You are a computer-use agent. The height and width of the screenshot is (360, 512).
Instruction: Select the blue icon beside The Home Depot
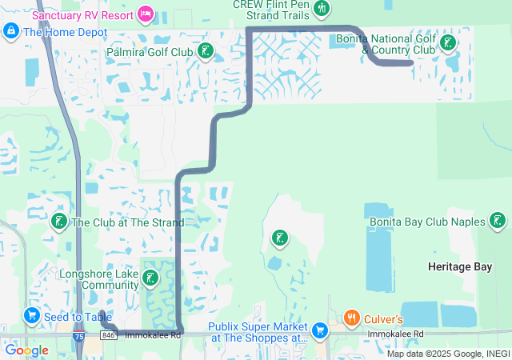point(10,31)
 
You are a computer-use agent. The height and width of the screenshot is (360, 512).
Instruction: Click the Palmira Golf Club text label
point(150,52)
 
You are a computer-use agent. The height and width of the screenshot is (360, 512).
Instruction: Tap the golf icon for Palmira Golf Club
point(206,52)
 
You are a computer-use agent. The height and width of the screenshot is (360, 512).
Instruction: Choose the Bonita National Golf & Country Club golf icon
point(449,43)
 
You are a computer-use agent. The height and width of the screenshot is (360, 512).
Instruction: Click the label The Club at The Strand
point(128,222)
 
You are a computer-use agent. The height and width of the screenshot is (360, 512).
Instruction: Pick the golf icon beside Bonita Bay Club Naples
point(498,221)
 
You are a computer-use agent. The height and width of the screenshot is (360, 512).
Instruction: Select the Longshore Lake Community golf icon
point(150,278)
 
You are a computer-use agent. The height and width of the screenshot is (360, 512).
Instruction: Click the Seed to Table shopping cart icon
point(32,317)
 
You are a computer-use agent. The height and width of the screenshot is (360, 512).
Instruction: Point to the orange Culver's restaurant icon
point(351,318)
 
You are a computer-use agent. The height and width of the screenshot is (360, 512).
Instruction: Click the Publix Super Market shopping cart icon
point(320,330)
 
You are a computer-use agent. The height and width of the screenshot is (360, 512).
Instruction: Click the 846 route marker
point(110,335)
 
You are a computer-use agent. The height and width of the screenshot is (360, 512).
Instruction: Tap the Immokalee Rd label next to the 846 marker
point(153,334)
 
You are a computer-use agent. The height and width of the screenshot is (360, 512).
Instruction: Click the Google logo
point(26,350)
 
